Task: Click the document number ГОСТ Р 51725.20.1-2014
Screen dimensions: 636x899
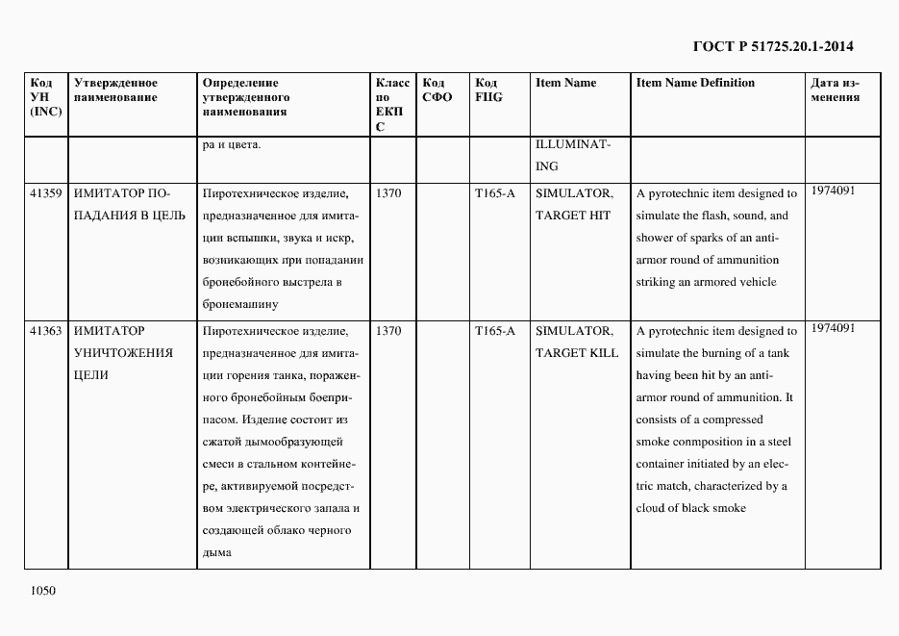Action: coord(773,45)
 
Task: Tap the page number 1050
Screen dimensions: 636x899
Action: coord(43,591)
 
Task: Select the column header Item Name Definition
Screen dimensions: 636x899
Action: coord(695,83)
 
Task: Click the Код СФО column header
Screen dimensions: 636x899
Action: coord(437,89)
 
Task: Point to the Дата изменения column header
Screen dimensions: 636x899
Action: coord(834,89)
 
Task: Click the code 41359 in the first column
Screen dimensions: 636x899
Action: coord(46,193)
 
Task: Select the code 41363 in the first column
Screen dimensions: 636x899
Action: coord(46,331)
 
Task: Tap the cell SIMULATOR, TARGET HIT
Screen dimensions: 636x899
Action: coord(573,204)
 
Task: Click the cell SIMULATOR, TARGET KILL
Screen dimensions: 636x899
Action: coord(576,342)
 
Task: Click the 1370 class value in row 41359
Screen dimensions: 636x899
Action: coord(388,193)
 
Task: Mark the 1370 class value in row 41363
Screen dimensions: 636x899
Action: coord(388,331)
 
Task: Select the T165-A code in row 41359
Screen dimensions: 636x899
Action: coord(494,193)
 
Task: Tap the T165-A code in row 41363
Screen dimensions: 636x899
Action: coord(494,331)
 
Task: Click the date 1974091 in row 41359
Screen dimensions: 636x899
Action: coord(833,191)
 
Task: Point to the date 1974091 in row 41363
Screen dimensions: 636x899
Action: coord(833,328)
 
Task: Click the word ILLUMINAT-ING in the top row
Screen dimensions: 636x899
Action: coord(572,155)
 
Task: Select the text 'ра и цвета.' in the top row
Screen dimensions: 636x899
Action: coord(232,145)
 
